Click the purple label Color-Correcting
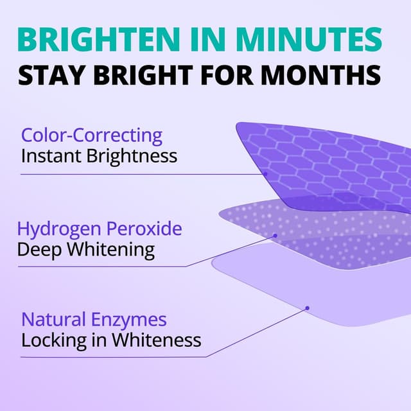(92, 136)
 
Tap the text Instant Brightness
(99, 155)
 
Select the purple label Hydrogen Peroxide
(100, 229)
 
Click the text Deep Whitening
(86, 249)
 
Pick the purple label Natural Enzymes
(94, 319)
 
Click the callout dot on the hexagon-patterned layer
(265, 173)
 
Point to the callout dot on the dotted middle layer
(275, 236)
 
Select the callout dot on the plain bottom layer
(308, 308)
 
